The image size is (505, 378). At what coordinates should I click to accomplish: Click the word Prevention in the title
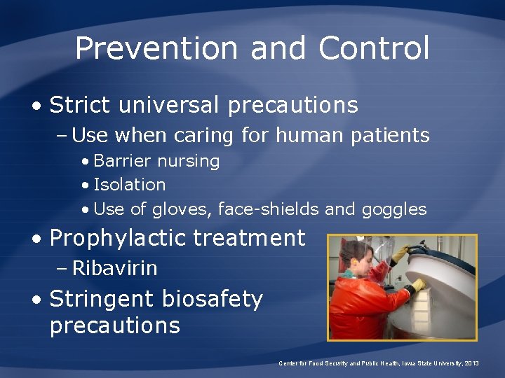[x=156, y=48]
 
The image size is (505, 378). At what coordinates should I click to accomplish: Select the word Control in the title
[x=373, y=48]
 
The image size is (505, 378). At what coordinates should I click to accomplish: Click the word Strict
[x=80, y=105]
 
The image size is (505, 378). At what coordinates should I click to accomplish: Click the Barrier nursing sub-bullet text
[x=156, y=161]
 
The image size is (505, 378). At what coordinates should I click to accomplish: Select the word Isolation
[x=129, y=185]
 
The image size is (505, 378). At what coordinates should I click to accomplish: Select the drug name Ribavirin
[x=114, y=268]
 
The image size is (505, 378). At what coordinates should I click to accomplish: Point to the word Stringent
[x=102, y=299]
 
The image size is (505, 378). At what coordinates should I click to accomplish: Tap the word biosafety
[x=212, y=299]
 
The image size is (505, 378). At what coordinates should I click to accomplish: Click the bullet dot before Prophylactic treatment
[x=36, y=239]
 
